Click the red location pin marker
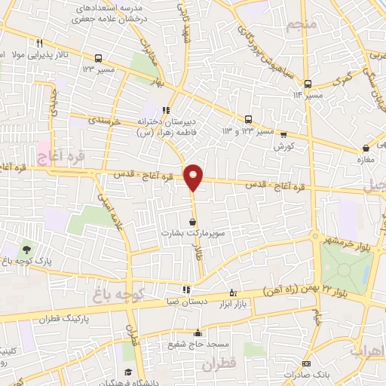pyautogui.click(x=194, y=176)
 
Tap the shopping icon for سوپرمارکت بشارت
pyautogui.click(x=194, y=222)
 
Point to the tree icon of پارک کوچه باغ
pyautogui.click(x=28, y=249)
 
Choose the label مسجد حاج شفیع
pyautogui.click(x=198, y=345)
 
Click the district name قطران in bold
pyautogui.click(x=219, y=364)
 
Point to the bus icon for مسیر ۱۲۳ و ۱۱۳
pyautogui.click(x=248, y=119)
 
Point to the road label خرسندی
pyautogui.click(x=105, y=118)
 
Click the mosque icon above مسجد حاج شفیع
pyautogui.click(x=198, y=333)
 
